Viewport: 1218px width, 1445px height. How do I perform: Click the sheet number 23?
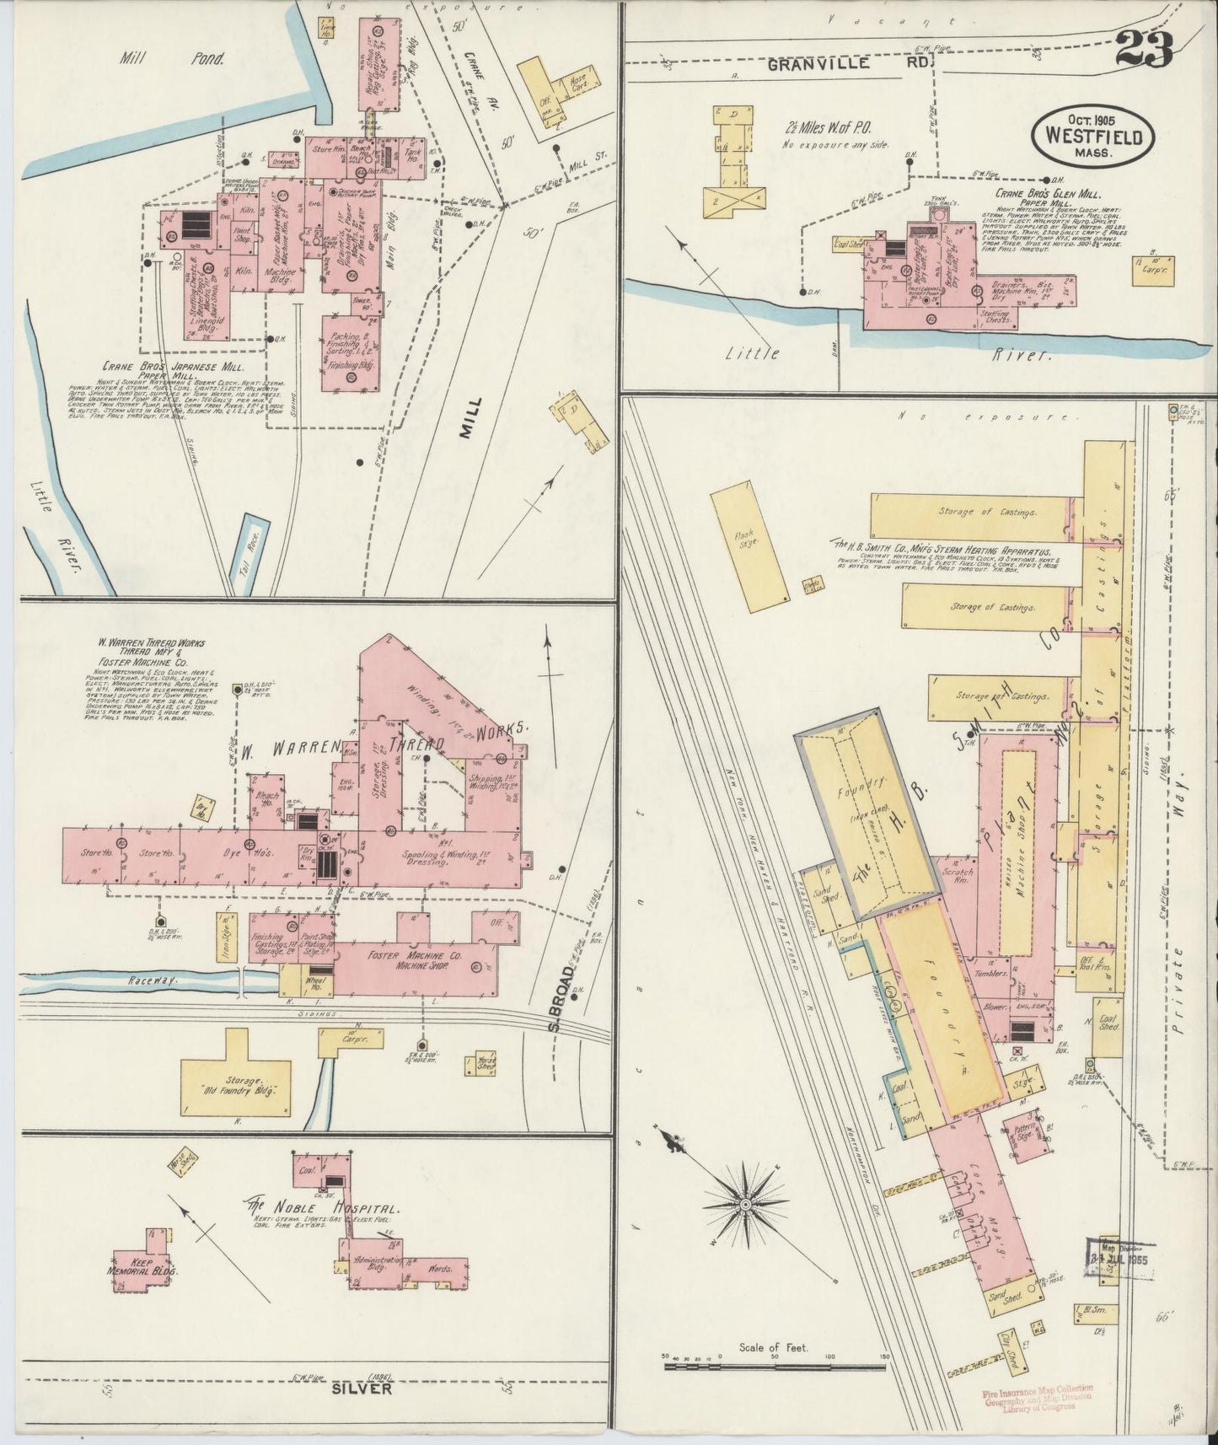(x=1144, y=52)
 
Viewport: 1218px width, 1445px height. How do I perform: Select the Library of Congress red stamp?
(x=1036, y=1396)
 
